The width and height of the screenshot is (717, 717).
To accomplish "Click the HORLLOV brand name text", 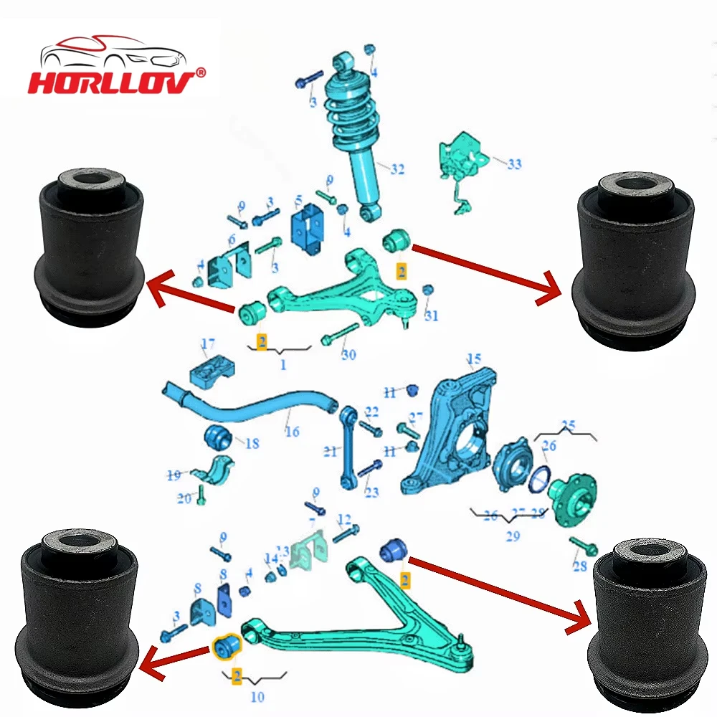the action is [x=111, y=80].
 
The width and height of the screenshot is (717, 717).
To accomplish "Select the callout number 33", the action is [x=513, y=164].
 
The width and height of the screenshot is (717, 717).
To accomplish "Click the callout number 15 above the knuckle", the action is [x=473, y=358].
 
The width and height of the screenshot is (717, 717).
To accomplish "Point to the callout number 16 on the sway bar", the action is [x=291, y=432].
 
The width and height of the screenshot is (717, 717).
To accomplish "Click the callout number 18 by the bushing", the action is [x=251, y=444].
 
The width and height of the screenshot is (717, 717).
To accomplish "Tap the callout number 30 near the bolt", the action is [x=348, y=354].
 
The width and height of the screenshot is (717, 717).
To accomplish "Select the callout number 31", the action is [x=431, y=315].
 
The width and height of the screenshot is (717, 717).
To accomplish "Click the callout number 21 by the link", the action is [x=329, y=451].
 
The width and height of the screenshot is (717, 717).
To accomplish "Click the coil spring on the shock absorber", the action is [x=350, y=115].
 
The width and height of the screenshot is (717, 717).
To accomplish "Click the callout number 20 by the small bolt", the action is [x=185, y=498].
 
